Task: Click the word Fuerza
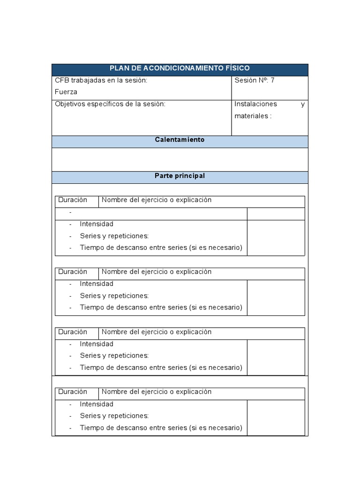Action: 66,92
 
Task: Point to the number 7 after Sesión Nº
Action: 272,80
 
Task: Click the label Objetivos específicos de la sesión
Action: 110,104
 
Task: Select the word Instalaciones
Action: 255,104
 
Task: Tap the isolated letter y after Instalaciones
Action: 302,105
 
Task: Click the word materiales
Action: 251,116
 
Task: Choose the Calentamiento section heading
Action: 180,140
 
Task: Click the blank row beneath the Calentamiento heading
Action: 180,159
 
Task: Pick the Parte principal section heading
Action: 180,176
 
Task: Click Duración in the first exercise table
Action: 73,200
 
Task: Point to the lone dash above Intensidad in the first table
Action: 70,212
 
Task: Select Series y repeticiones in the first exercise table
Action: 114,236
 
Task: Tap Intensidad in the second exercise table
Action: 97,284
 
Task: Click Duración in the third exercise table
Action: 73,332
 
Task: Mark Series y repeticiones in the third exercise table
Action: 114,355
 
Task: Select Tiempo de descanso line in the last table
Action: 161,427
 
